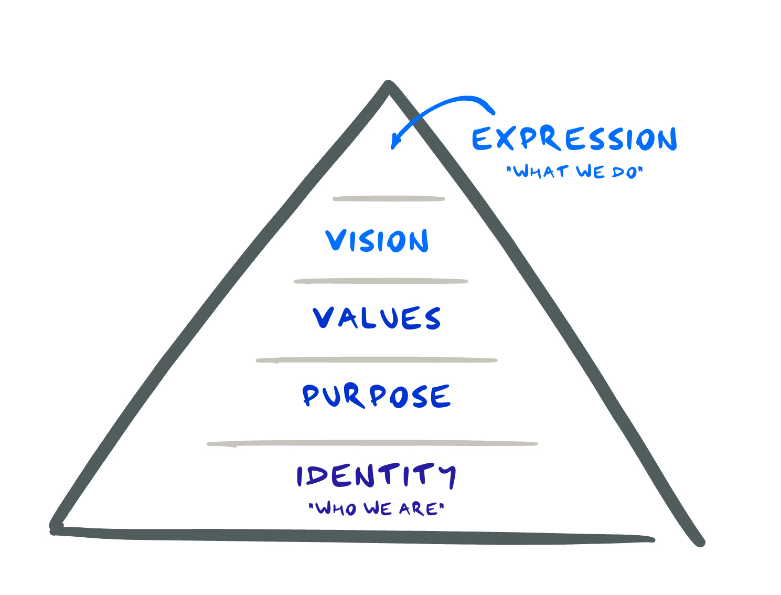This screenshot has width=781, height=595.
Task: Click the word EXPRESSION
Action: [574, 139]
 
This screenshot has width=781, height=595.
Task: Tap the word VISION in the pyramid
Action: [377, 241]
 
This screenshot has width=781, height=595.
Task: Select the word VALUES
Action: [377, 318]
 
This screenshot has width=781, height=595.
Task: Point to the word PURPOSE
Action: [376, 396]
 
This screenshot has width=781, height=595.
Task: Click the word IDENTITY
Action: [376, 475]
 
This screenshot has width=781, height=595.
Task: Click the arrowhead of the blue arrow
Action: [395, 143]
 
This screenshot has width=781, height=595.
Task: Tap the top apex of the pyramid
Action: [388, 85]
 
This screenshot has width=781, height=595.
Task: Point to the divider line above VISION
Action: [389, 199]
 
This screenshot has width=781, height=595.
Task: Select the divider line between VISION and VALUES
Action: [381, 281]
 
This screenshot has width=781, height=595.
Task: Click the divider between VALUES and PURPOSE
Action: [377, 360]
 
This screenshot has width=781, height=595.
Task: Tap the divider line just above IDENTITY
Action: [372, 444]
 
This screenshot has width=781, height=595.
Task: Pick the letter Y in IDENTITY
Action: [447, 475]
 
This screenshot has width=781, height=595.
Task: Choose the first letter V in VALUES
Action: [323, 318]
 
